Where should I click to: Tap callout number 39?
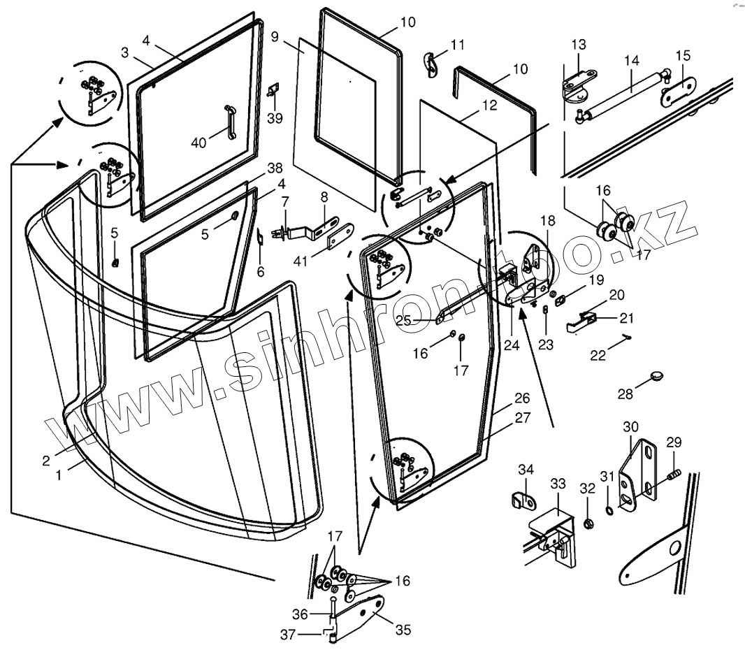275,117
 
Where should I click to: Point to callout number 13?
578,45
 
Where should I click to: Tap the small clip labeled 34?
523,499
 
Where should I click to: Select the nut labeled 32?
589,523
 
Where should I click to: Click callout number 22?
597,355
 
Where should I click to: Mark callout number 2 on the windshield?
45,461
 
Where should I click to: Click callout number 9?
275,36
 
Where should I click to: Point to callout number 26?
522,398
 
